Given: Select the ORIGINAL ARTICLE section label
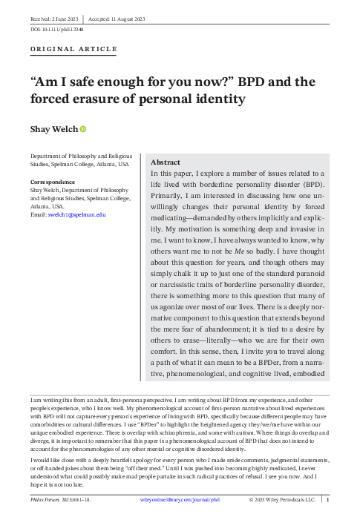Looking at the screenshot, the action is point(73,49).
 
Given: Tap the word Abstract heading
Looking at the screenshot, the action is point(166,162).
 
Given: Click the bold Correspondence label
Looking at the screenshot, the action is point(52,182).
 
